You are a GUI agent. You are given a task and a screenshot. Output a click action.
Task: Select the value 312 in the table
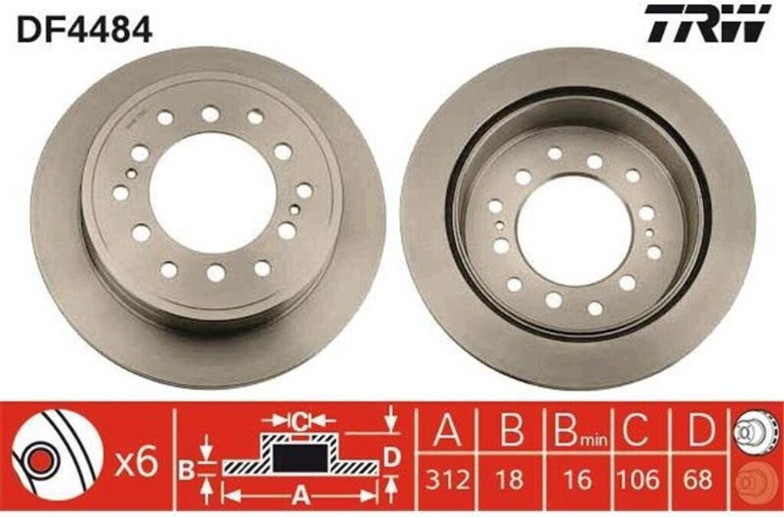(447, 480)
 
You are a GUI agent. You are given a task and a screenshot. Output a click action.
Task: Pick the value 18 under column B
(510, 480)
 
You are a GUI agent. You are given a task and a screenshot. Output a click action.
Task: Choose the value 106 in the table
(638, 480)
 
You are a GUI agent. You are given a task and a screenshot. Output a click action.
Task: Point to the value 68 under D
(698, 480)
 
